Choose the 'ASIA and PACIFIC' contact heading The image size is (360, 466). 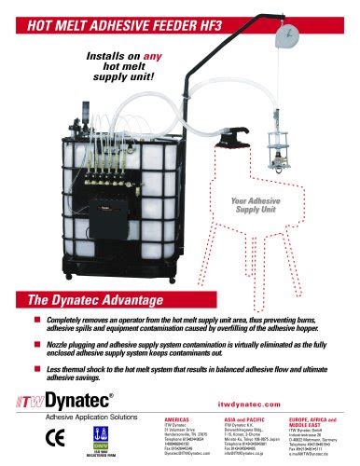coord(229,420)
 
